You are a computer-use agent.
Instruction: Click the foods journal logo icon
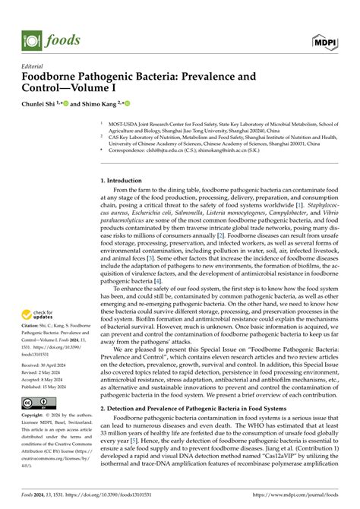[32, 37]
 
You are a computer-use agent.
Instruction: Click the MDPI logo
[328, 37]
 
